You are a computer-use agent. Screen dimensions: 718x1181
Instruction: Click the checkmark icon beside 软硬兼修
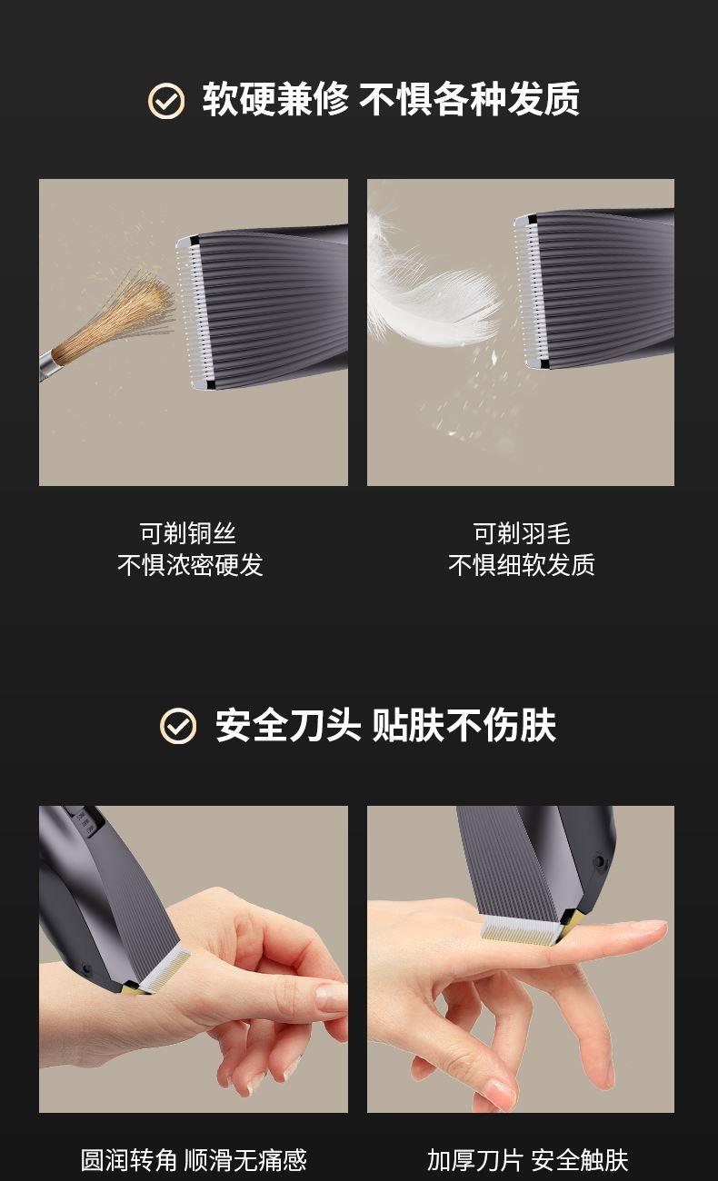point(166,100)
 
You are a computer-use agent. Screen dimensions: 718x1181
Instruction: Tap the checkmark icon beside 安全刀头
point(178,726)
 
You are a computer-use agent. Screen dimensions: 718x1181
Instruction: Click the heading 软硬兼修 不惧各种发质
point(391,99)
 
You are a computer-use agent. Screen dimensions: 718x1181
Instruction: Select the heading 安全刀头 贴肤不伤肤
point(385,726)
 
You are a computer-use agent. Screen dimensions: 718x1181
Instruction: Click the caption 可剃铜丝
point(188,533)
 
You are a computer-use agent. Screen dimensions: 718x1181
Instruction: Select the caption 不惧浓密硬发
point(191,565)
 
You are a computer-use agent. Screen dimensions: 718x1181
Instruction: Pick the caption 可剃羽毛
point(521,533)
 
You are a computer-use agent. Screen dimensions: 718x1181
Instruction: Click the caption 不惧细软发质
point(521,565)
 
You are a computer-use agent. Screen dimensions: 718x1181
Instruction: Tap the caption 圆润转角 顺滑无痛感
point(194,1160)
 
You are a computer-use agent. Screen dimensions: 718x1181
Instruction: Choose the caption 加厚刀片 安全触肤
point(527,1160)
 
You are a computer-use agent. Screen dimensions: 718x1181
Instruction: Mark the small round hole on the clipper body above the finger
point(599,861)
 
